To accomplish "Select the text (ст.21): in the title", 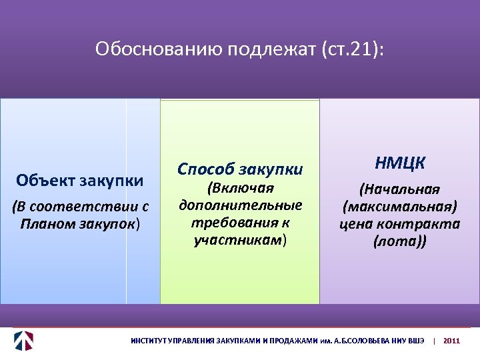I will (x=351, y=49).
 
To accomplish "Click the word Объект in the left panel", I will (x=46, y=180).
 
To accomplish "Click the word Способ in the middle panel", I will (x=203, y=168).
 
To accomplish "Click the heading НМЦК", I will (x=400, y=163).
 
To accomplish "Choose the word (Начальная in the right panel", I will (x=400, y=189).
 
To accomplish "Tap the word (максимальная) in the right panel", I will (x=400, y=206).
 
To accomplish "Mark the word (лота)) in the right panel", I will (x=400, y=241).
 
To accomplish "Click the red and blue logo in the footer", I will (x=24, y=340).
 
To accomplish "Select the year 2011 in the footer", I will (x=451, y=341).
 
